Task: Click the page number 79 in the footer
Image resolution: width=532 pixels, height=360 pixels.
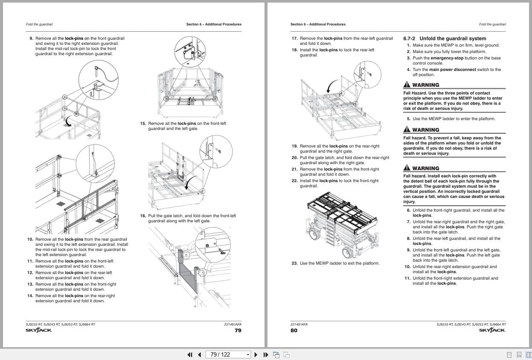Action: pyautogui.click(x=238, y=330)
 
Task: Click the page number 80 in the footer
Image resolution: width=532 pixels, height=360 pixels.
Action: pyautogui.click(x=294, y=330)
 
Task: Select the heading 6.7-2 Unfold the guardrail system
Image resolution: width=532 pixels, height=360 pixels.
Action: pyautogui.click(x=444, y=38)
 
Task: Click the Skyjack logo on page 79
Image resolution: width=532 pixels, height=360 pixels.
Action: pyautogui.click(x=38, y=330)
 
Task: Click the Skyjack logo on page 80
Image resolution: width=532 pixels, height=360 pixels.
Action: pyautogui.click(x=492, y=330)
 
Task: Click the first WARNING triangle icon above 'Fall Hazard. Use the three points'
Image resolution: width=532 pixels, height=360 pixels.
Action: pyautogui.click(x=407, y=85)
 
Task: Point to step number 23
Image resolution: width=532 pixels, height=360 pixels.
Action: pyautogui.click(x=294, y=263)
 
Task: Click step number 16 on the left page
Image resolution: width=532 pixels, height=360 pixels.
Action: pyautogui.click(x=143, y=216)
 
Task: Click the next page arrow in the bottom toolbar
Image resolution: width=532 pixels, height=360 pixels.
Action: pyautogui.click(x=256, y=354)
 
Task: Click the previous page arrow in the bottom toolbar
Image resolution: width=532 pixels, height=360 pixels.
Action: pyautogui.click(x=200, y=354)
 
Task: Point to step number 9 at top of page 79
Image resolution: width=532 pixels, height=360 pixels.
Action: pyautogui.click(x=31, y=38)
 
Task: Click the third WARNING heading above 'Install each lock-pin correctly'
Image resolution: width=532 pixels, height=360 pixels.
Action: pyautogui.click(x=425, y=168)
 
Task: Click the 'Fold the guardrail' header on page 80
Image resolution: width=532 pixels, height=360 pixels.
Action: pyautogui.click(x=492, y=24)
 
